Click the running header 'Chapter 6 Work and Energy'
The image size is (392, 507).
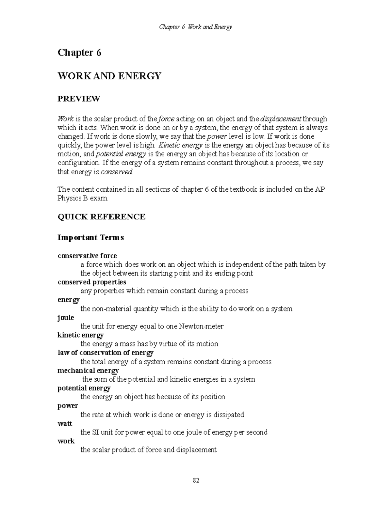pos(195,27)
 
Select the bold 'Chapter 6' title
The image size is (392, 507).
pos(79,53)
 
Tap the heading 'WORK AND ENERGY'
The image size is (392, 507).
pos(109,76)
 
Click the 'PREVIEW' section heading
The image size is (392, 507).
pos(78,99)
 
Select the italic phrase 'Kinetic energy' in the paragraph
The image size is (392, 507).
pos(180,145)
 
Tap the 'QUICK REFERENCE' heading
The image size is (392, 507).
pos(101,217)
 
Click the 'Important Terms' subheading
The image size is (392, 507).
pos(90,237)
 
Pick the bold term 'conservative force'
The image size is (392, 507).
pos(87,256)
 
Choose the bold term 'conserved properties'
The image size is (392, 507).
pos(92,282)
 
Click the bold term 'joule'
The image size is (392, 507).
pos(66,318)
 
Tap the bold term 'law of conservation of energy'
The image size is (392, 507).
pos(105,353)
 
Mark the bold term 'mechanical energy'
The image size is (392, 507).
pos(88,371)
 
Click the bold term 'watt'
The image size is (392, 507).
pos(65,423)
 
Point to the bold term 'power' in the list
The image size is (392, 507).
pos(68,406)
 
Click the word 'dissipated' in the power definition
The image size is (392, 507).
pos(229,415)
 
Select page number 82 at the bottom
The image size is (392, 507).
pos(196,480)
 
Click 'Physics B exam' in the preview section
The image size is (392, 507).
pos(82,198)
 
